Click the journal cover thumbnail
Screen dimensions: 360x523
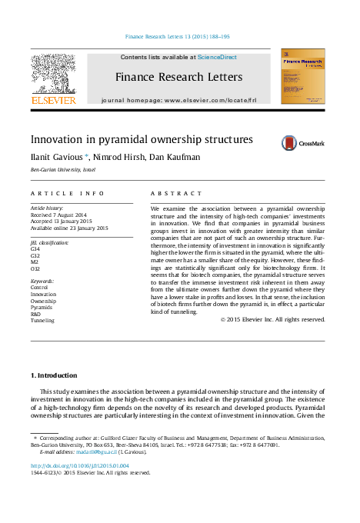(302, 76)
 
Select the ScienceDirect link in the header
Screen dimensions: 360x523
(217, 58)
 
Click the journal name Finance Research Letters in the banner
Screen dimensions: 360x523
(178, 77)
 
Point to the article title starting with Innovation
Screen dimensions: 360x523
(130, 140)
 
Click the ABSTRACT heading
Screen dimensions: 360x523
(176, 193)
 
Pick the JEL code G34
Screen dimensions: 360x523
(35, 249)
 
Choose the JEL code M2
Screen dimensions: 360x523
(35, 261)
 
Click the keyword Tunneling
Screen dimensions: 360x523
(42, 320)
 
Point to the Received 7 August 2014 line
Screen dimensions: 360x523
(59, 215)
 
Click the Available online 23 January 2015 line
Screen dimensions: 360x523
(69, 228)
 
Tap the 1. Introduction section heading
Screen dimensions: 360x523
(54, 375)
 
